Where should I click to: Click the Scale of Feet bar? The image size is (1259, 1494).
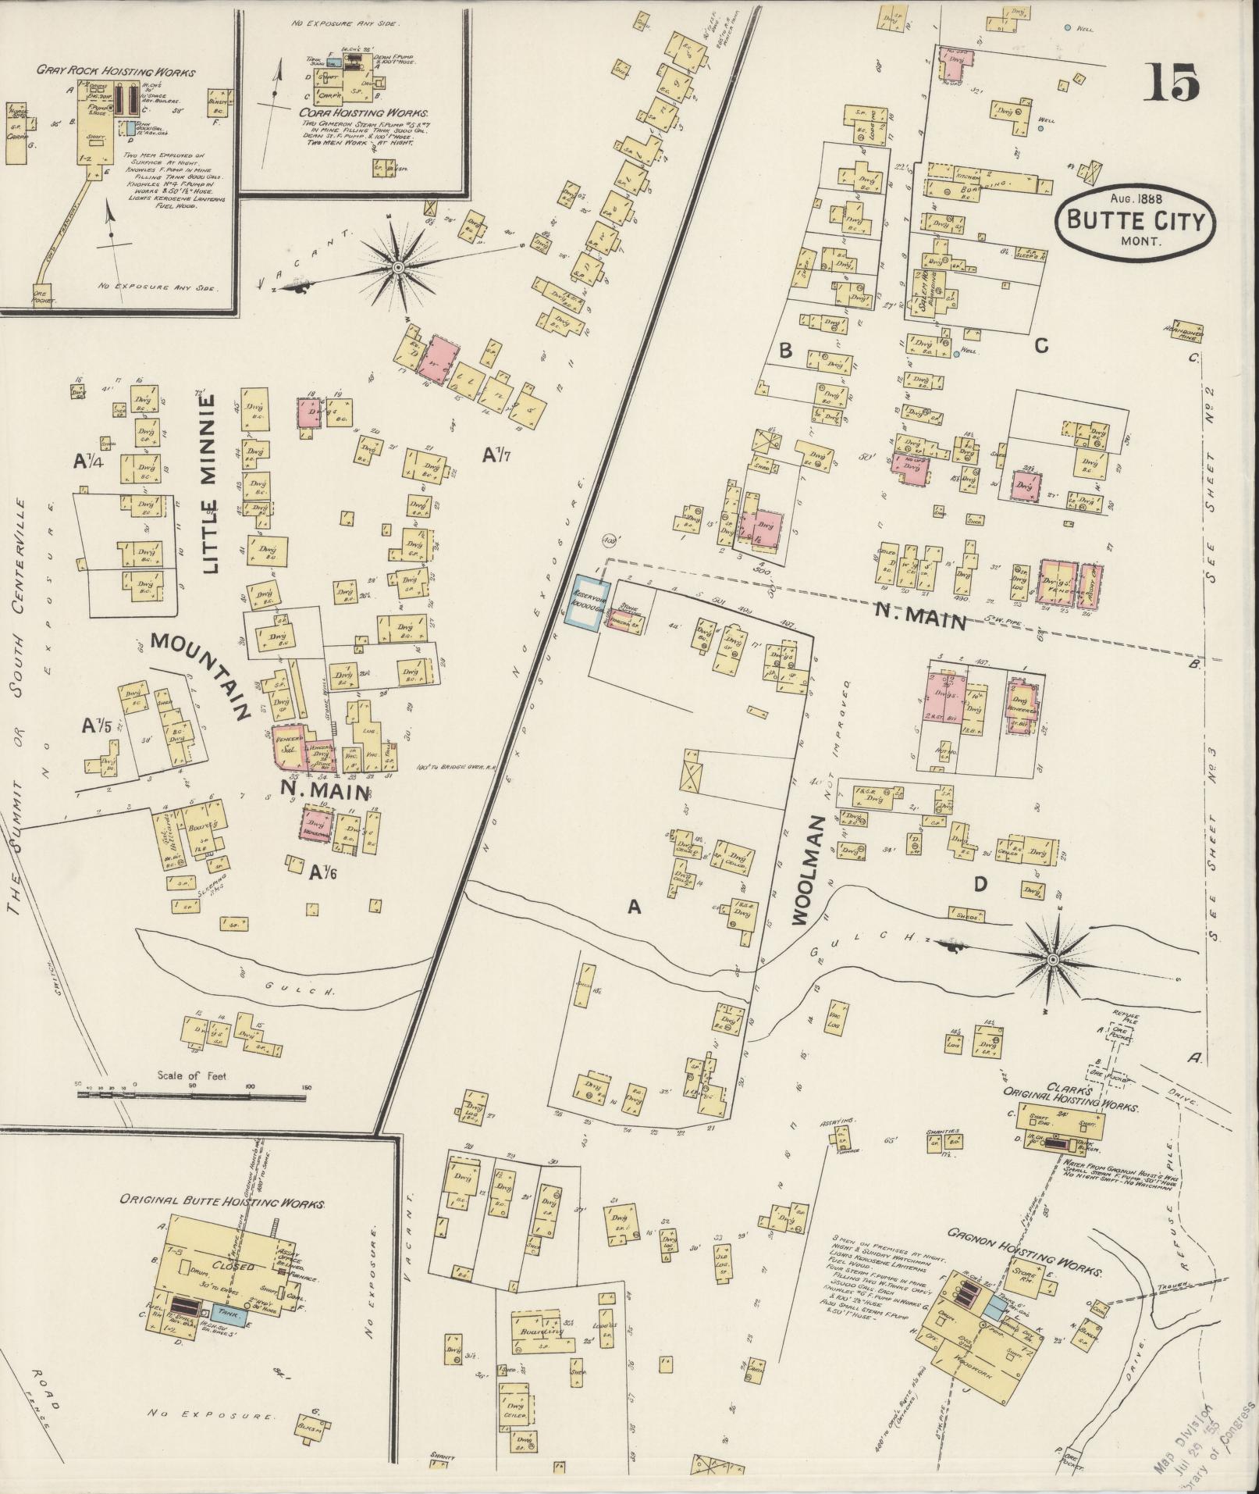coord(192,1095)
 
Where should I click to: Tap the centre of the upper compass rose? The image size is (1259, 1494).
coord(398,268)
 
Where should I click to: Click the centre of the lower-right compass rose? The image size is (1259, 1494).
coord(1053,958)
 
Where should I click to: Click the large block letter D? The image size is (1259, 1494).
coord(980,885)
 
